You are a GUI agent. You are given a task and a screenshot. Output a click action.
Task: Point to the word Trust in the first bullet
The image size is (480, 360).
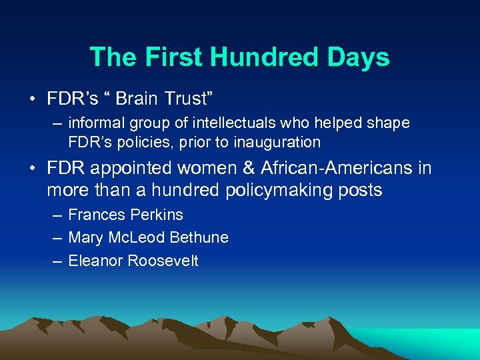coord(191,99)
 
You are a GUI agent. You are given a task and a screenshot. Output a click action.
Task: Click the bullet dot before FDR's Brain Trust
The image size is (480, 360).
coord(32,100)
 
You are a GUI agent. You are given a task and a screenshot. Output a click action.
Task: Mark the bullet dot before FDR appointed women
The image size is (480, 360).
coord(32,169)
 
